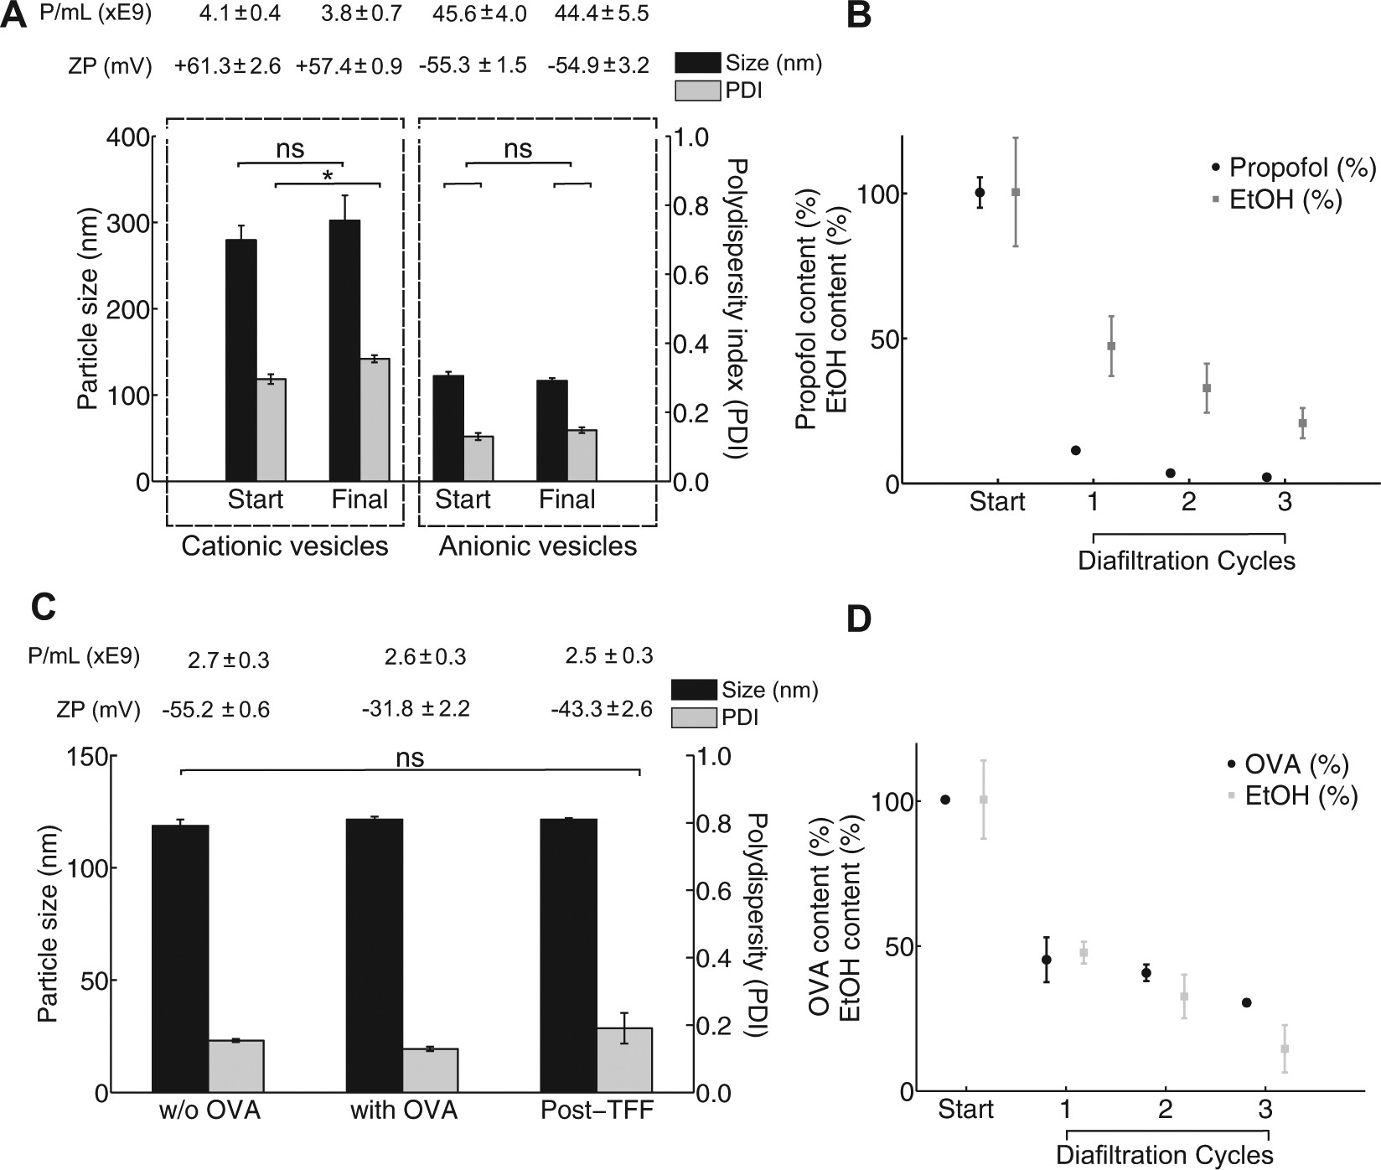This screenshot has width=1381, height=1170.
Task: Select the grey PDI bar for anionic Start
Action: [x=478, y=458]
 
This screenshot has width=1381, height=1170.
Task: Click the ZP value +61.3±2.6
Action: [x=228, y=65]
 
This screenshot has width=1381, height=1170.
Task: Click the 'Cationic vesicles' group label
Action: [x=285, y=547]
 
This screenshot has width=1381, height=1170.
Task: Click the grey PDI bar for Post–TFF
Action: [x=624, y=1060]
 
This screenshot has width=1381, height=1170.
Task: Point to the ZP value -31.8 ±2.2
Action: [x=416, y=710]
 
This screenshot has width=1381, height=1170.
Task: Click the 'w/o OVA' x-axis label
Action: [x=210, y=1112]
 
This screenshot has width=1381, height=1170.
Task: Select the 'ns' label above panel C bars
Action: [x=411, y=758]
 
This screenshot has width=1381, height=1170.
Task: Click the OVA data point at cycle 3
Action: [x=1246, y=1002]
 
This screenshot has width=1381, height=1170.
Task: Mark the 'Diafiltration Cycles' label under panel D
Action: [x=1165, y=1156]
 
